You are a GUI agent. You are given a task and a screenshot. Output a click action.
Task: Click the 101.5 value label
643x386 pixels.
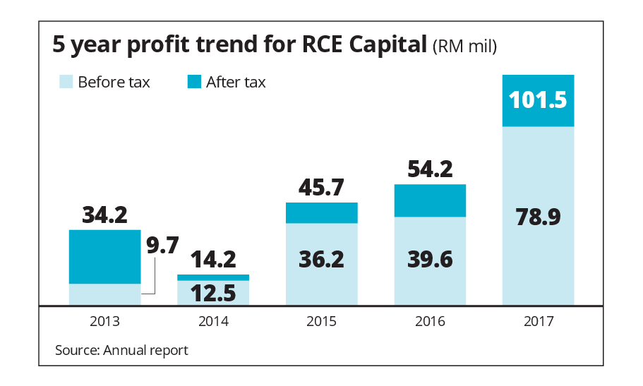click(537, 100)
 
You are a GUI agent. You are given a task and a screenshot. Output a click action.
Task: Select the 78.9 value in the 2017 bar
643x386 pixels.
click(537, 217)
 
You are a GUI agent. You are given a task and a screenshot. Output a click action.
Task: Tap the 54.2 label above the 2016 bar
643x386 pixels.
click(431, 169)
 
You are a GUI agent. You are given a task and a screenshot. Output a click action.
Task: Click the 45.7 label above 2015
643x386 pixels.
click(322, 188)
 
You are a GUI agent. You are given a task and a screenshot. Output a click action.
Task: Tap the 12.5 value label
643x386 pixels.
click(212, 291)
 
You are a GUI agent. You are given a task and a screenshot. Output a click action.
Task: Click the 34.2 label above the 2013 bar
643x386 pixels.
click(104, 215)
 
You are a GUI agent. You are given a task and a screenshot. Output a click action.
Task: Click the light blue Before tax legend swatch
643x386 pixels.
click(66, 82)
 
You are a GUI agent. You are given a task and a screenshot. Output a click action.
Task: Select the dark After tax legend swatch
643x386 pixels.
click(194, 82)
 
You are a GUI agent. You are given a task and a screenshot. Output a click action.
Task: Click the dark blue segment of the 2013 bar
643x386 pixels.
click(104, 257)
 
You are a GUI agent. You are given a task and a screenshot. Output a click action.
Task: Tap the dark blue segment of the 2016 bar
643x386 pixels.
click(431, 200)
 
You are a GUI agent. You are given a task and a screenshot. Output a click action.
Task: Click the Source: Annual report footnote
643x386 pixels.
click(121, 350)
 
